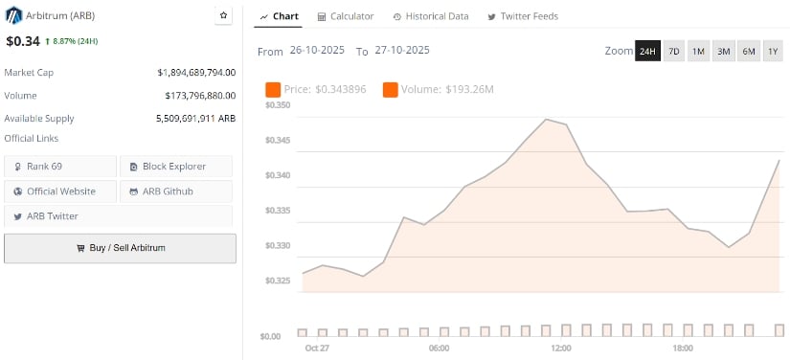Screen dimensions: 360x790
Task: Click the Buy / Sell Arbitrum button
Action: tap(120, 248)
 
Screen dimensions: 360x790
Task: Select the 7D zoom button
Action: tap(674, 51)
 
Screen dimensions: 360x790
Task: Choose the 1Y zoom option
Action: tap(773, 51)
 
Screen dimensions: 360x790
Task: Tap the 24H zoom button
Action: tap(647, 51)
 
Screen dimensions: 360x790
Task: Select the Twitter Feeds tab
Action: tap(523, 16)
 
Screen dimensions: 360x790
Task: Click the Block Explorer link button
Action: tap(176, 167)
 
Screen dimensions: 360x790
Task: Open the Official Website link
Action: tap(60, 191)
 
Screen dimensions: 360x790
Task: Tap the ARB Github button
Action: tap(176, 191)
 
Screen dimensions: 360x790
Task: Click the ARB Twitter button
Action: tap(60, 216)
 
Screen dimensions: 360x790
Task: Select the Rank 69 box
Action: tap(60, 167)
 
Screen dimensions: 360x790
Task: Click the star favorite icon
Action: tap(223, 16)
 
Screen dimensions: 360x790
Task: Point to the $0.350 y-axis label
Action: tap(277, 104)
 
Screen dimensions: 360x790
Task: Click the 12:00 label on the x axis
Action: tap(560, 349)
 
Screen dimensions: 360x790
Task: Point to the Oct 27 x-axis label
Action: tap(317, 349)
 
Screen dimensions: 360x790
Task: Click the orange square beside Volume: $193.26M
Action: tap(390, 90)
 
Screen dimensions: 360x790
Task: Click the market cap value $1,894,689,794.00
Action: tap(196, 72)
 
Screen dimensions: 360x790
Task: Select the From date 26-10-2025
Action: tap(318, 52)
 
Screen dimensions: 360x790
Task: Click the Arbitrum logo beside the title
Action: tap(13, 15)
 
